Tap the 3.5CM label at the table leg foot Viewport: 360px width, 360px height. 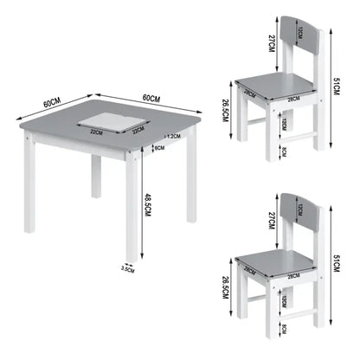click(127, 268)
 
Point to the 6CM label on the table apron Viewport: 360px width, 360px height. click(159, 148)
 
